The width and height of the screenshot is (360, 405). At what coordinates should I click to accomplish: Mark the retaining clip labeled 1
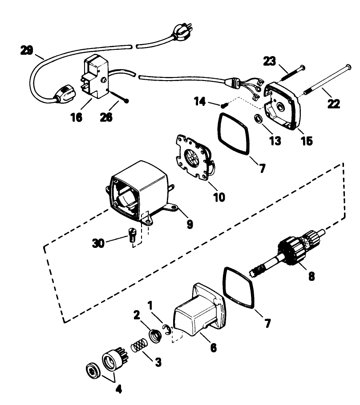pos(168,331)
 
